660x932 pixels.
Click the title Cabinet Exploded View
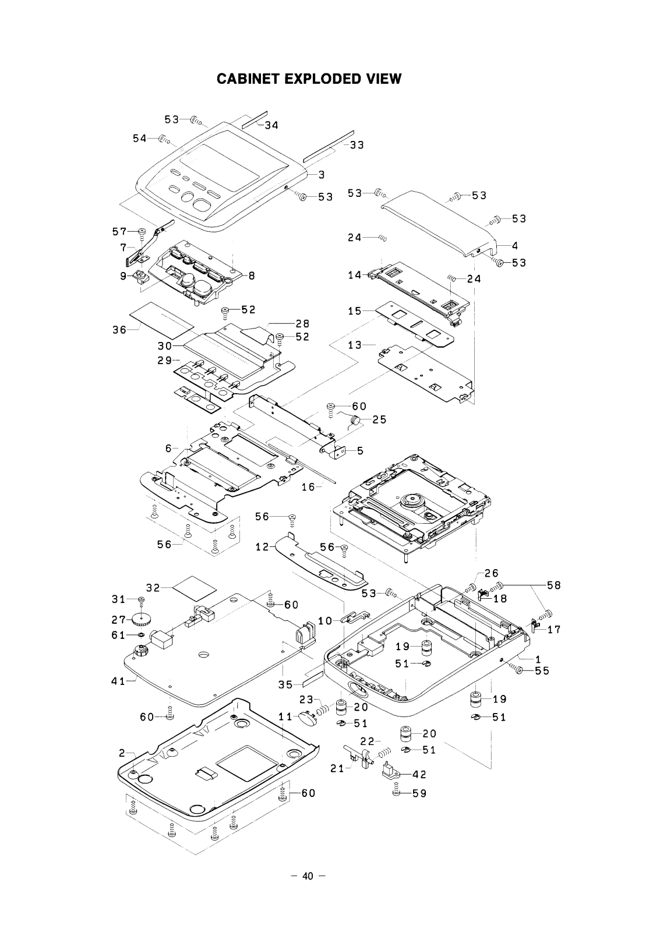(x=309, y=79)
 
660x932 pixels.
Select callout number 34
(x=271, y=125)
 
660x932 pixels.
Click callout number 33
(x=357, y=145)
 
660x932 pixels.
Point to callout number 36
(x=119, y=330)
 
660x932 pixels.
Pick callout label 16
(x=308, y=487)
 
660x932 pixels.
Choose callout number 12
(x=262, y=548)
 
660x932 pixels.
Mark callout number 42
(x=419, y=775)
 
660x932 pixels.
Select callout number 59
(x=419, y=793)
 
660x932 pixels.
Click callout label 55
(x=542, y=671)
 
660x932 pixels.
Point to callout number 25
(x=379, y=419)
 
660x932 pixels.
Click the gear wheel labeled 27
(x=139, y=619)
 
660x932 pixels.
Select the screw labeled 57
(x=142, y=232)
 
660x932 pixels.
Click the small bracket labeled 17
(x=537, y=627)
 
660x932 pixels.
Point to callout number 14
(x=355, y=275)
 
